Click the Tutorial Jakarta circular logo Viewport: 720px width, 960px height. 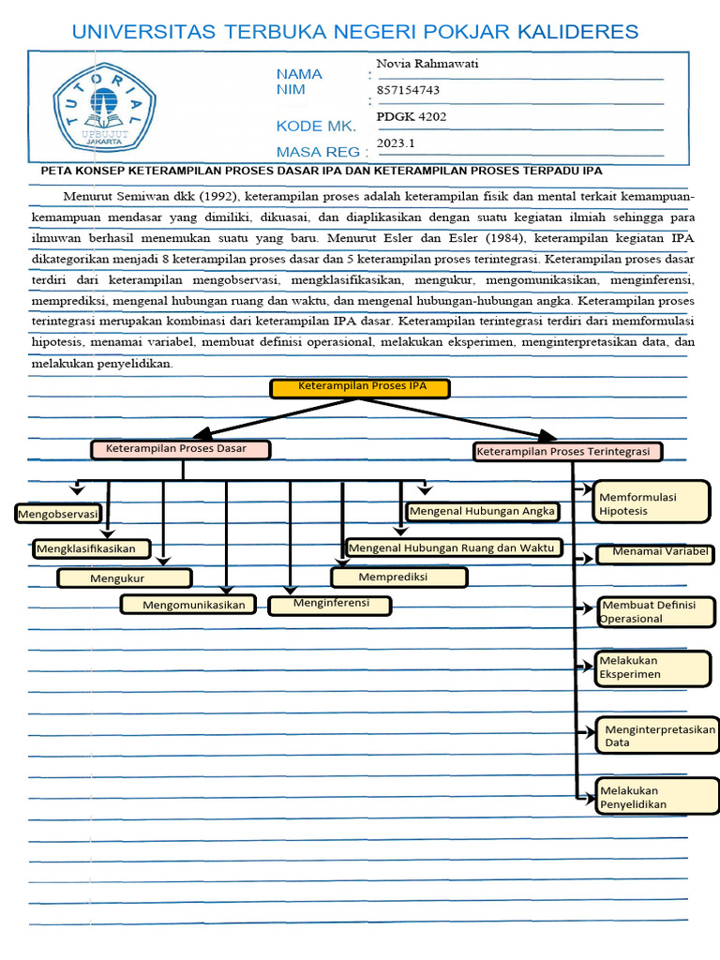97,105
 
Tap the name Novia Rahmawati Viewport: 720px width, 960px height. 420,64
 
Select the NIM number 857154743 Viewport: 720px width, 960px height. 408,91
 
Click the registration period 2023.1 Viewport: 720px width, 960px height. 395,143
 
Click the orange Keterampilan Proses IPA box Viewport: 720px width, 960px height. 362,387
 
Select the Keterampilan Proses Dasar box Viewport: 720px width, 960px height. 181,449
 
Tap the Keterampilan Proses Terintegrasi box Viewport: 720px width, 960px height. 568,452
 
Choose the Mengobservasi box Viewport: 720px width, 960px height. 58,514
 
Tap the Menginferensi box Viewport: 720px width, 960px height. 330,605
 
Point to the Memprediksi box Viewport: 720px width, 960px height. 399,577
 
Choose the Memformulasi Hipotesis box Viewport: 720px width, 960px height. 652,503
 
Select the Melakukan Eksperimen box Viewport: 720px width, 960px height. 654,667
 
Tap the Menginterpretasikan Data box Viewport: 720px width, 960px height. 656,735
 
